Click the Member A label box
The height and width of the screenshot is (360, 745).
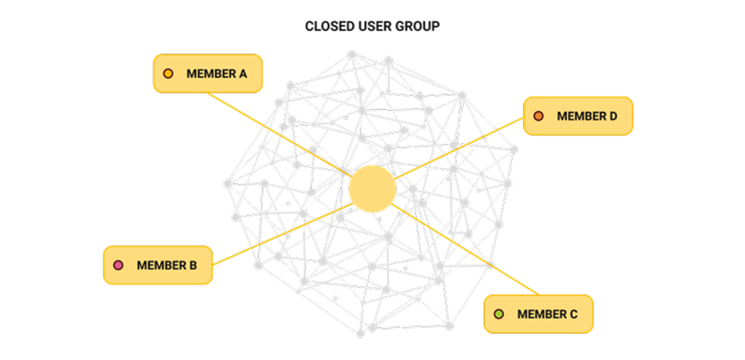(208, 74)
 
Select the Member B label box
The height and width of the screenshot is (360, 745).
(158, 265)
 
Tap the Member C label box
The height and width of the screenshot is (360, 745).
(538, 314)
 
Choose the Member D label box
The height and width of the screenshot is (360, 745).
(578, 115)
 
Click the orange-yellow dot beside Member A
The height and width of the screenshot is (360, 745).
(168, 74)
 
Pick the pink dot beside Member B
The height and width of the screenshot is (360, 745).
(118, 266)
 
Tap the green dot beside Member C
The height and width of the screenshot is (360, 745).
(499, 314)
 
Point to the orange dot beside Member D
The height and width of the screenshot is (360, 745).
(538, 116)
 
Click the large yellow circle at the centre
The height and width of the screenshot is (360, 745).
(372, 188)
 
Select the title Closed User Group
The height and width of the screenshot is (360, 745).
(372, 27)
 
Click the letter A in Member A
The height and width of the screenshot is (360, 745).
(242, 74)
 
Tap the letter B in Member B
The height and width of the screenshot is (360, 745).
(192, 266)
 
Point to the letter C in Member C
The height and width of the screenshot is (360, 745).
(573, 314)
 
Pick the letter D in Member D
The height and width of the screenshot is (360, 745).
(612, 116)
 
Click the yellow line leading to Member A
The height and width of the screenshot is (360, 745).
(279, 133)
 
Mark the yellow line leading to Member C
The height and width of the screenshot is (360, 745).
(466, 248)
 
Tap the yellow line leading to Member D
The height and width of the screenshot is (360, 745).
(459, 149)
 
